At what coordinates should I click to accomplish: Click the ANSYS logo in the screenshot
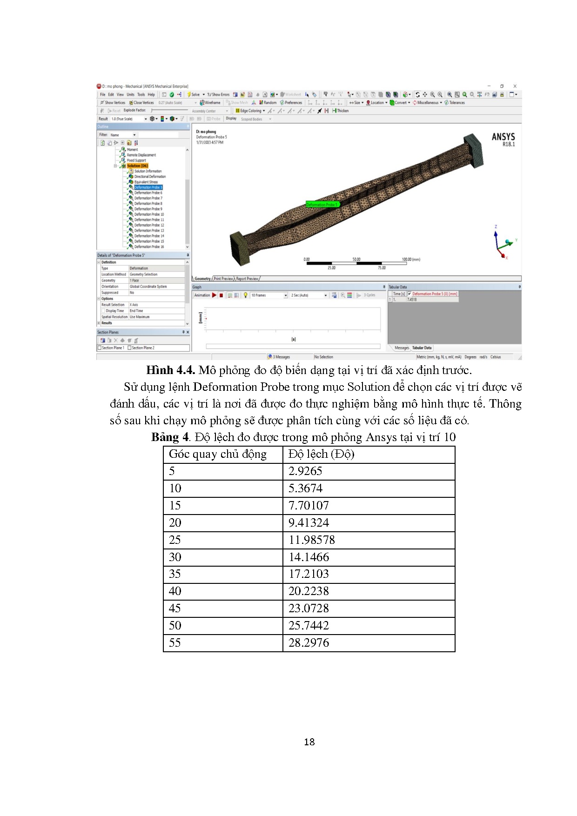tap(503, 139)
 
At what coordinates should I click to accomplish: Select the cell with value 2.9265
tap(305, 471)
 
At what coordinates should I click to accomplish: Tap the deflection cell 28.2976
tap(309, 643)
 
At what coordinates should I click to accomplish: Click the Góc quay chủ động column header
tap(218, 455)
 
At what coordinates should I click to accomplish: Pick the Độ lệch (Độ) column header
tap(321, 455)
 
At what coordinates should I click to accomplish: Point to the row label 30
tap(175, 557)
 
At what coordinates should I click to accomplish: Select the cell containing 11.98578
tap(311, 540)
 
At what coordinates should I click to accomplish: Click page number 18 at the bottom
tap(309, 742)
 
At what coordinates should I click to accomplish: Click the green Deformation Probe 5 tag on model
tap(322, 204)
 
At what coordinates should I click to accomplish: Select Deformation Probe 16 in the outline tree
tap(149, 247)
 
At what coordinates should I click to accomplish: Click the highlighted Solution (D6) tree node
tap(137, 166)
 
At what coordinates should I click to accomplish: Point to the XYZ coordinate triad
tap(502, 242)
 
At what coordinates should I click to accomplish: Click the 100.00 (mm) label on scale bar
tap(410, 259)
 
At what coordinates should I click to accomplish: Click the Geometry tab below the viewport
tap(202, 279)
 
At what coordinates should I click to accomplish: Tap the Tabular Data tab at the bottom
tap(422, 348)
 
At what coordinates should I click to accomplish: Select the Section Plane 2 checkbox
tap(130, 348)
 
